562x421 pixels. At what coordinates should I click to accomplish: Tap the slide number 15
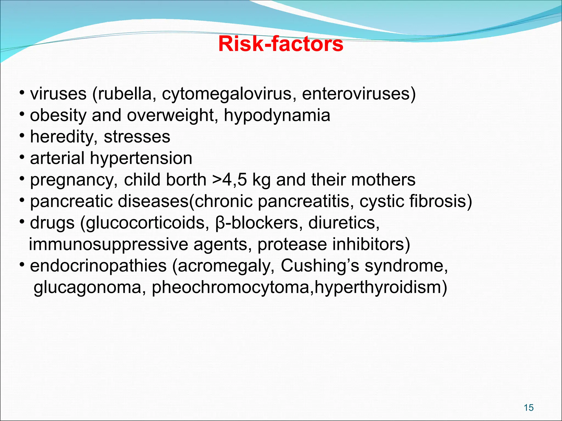[x=529, y=408]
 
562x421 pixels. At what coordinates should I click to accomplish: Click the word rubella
[x=125, y=94]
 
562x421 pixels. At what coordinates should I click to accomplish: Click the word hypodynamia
[x=277, y=115]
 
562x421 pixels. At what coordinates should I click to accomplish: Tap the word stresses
[x=137, y=137]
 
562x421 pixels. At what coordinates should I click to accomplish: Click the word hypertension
[x=141, y=159]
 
